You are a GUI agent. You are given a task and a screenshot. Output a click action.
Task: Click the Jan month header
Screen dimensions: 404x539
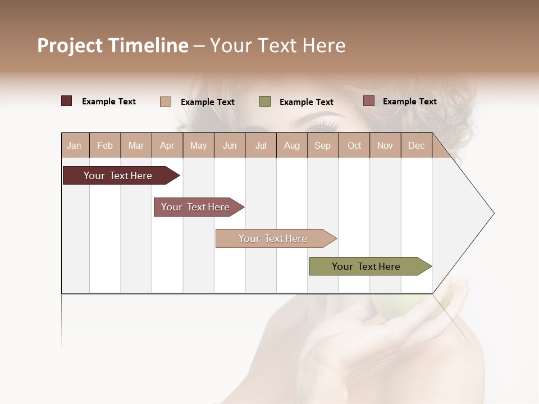(x=75, y=146)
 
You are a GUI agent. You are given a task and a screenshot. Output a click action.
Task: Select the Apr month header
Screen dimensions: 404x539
(x=167, y=146)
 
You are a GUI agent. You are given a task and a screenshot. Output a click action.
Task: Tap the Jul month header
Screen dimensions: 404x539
(x=261, y=146)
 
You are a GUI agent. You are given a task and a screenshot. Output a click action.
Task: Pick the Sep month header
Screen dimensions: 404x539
(x=323, y=146)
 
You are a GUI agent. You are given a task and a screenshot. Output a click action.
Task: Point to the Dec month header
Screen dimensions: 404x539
(x=416, y=146)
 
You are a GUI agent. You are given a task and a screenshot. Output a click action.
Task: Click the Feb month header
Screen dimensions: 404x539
(x=105, y=146)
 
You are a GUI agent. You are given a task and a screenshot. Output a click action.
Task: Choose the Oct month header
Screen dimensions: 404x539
(x=354, y=146)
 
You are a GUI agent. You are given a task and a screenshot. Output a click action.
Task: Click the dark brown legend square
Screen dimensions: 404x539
(x=67, y=101)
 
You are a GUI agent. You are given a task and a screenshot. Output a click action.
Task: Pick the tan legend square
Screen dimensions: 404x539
(x=166, y=102)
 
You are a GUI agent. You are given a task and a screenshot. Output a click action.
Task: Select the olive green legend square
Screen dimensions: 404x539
(x=265, y=102)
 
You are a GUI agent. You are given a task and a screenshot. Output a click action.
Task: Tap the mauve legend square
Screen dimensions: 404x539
(x=368, y=101)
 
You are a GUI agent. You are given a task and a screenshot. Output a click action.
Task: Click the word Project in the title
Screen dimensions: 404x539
(x=70, y=45)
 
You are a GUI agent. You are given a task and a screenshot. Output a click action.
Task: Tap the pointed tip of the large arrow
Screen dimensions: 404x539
(x=493, y=213)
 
